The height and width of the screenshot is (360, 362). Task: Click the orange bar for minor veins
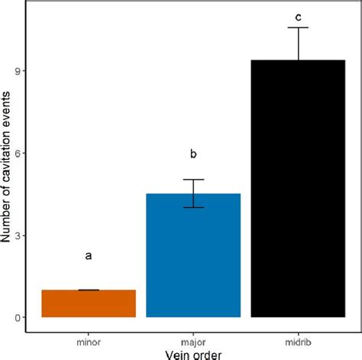[89, 303]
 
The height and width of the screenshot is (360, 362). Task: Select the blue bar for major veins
[193, 255]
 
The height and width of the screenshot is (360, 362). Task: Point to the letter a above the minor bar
[89, 256]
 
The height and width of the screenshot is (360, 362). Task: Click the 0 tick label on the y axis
[16, 317]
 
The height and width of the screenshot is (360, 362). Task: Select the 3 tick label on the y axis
[16, 235]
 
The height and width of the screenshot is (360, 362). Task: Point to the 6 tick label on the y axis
[16, 153]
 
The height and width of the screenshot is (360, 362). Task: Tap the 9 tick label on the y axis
[16, 71]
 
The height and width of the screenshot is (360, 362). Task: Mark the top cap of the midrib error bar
[299, 28]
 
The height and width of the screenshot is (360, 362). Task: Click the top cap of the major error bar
[193, 180]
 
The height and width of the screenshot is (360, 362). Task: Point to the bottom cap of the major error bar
[193, 207]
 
